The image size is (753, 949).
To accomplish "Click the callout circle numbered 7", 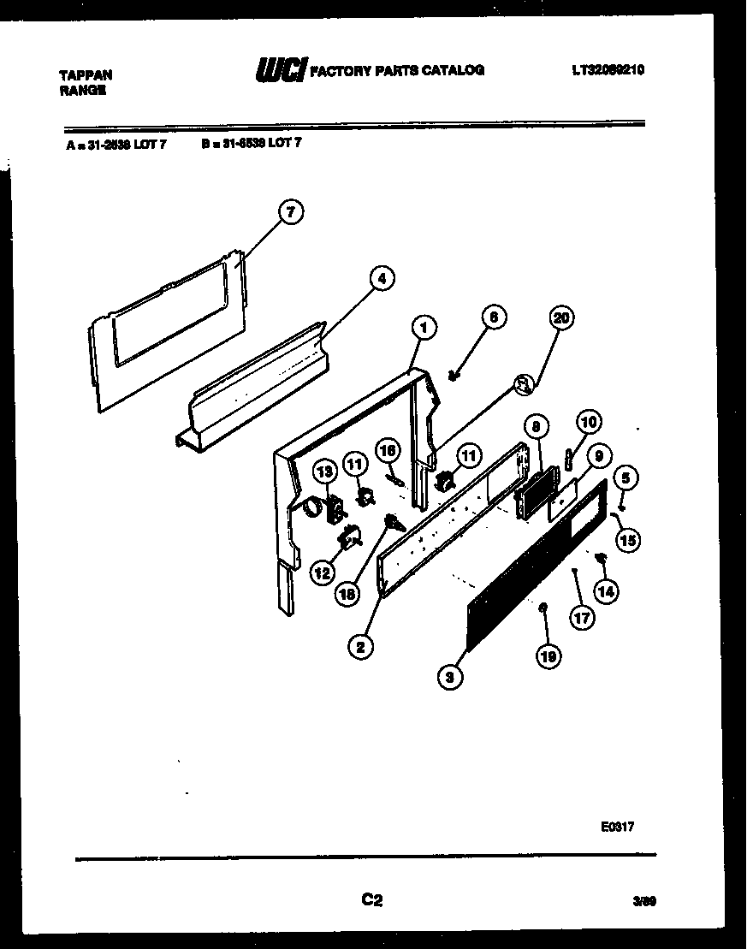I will point(291,214).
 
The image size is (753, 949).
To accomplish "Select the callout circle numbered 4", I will point(382,278).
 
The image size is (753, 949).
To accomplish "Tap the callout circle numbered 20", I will point(560,318).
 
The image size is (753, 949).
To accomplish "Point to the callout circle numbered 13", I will point(325,471).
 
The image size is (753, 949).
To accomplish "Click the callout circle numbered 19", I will point(548,657).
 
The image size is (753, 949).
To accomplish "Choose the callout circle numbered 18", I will point(347,595).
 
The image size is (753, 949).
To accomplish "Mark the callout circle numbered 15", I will point(629,539).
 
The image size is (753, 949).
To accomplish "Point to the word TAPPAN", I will point(85,75).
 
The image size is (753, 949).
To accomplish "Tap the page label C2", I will point(371,899).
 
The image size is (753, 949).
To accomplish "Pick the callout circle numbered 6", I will point(493,317).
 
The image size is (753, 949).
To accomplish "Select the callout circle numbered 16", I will point(388,449).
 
